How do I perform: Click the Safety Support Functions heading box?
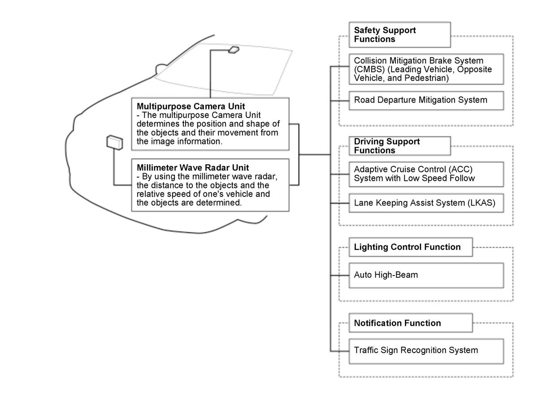click(x=399, y=35)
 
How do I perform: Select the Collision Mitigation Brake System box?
click(x=426, y=69)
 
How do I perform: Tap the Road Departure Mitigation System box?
click(x=426, y=100)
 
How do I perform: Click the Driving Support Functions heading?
click(x=399, y=146)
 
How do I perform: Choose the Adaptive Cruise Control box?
click(x=426, y=174)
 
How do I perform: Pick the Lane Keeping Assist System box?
click(x=426, y=203)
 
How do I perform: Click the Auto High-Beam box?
click(x=426, y=275)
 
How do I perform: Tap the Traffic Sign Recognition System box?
click(x=426, y=350)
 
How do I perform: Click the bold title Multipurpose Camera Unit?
click(x=191, y=106)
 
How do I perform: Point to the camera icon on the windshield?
click(x=234, y=49)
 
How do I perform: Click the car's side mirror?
click(x=160, y=69)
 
